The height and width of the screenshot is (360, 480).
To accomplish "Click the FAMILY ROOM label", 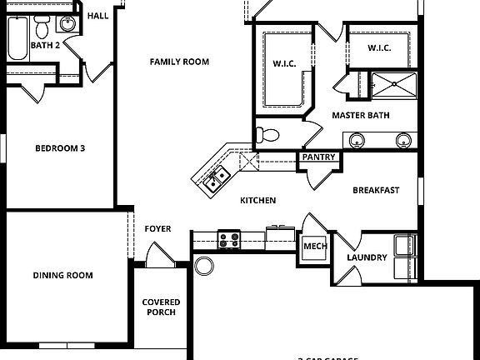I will coord(179,62).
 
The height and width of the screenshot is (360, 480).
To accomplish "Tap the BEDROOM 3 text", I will coord(60,149).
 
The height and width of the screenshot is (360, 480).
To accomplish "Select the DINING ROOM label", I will coord(62,275).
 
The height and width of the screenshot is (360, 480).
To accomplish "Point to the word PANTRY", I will coord(318,157).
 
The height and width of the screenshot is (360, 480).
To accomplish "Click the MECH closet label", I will coord(314,247).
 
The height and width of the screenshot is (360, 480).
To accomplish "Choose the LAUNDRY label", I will coord(367,257).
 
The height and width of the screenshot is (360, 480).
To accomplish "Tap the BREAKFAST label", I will coord(376,190).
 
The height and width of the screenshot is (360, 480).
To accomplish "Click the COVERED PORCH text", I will coord(159,307).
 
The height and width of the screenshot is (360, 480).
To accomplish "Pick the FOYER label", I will coord(157,228).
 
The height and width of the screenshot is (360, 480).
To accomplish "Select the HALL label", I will coord(98,15).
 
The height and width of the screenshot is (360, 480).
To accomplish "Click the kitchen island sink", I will coord(217,177).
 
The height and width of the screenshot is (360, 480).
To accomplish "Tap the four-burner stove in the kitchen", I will coord(229,240).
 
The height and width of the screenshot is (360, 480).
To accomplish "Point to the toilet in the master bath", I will coord(267,135).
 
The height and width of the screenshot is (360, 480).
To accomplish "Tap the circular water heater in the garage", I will coord(204,267).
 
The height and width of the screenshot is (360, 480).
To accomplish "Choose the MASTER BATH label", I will coord(362,115).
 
